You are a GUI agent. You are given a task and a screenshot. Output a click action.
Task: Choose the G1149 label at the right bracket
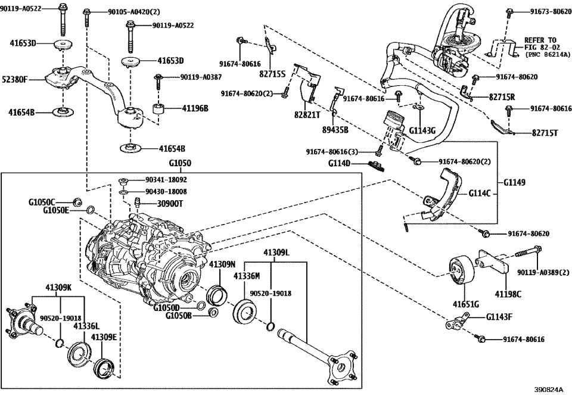click(515, 183)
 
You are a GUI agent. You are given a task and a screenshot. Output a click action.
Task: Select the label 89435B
click(335, 129)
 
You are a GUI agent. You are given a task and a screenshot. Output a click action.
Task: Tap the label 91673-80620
click(543, 11)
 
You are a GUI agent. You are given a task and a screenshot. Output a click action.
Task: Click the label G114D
click(341, 163)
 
